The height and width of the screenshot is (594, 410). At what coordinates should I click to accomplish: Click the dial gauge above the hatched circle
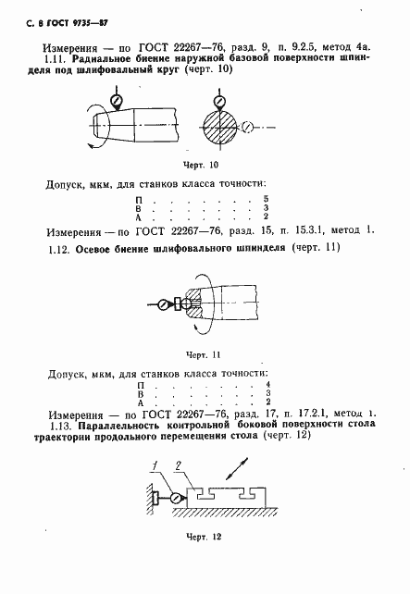tap(220, 98)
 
